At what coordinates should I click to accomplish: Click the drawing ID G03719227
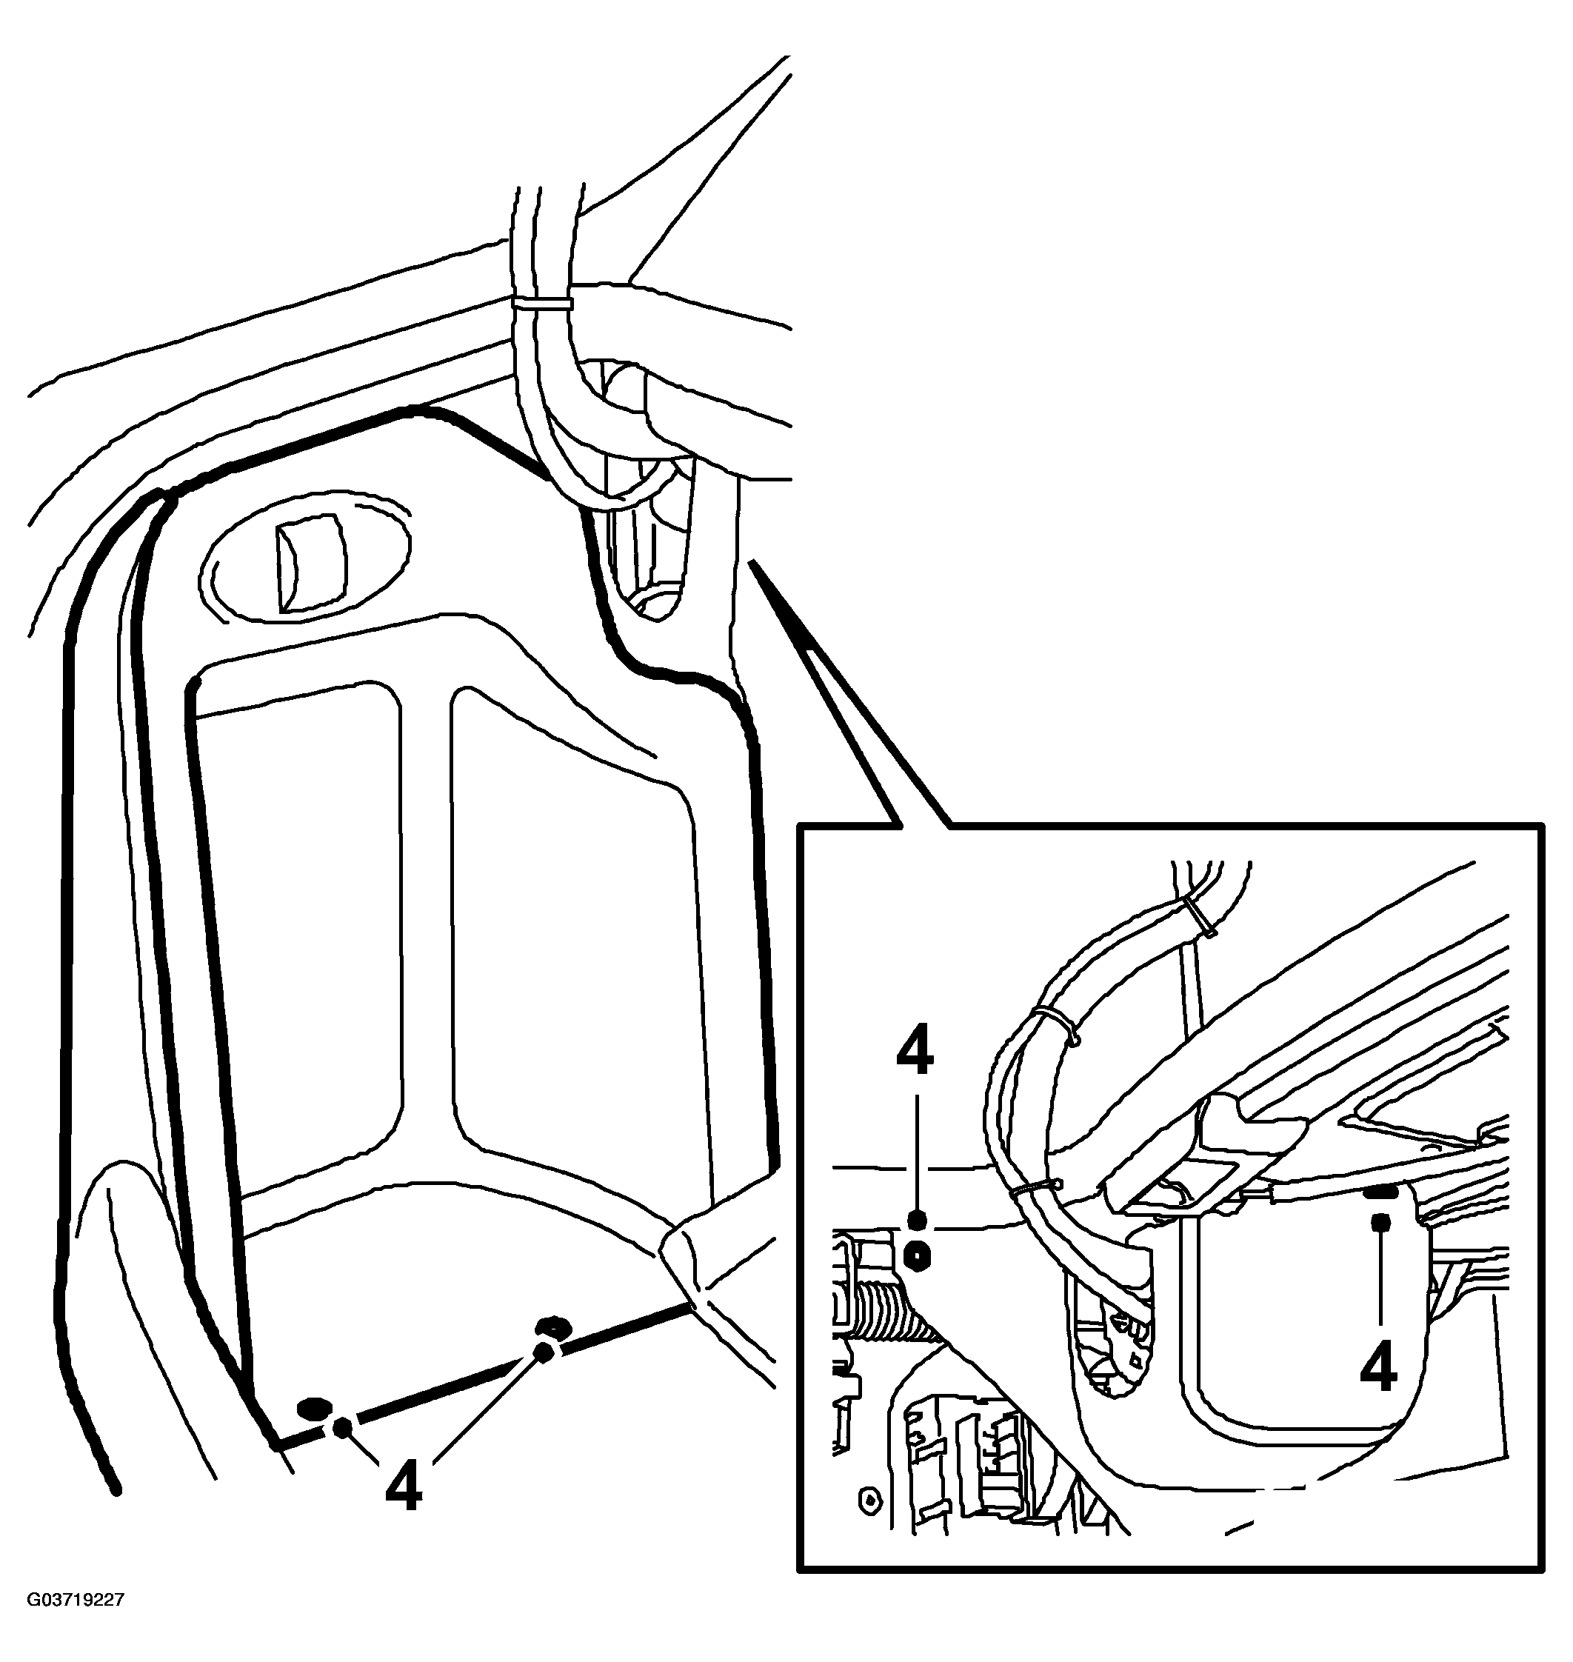(76, 1624)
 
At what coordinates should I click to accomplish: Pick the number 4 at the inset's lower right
(1378, 1369)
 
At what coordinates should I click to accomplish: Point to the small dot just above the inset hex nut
(916, 1219)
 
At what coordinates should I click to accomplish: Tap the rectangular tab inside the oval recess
(310, 563)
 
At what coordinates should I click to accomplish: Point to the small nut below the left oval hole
(342, 1428)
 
